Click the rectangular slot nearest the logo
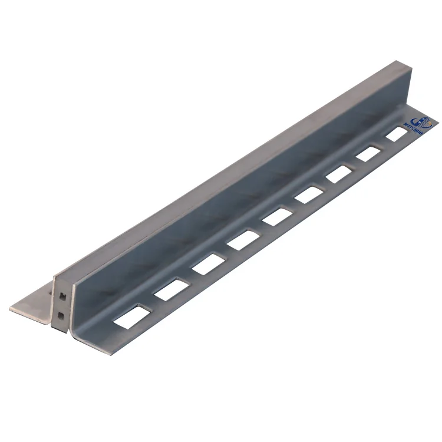[x=397, y=134]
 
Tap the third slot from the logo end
[x=339, y=173]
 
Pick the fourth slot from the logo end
[x=309, y=194]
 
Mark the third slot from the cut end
[x=206, y=264]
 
